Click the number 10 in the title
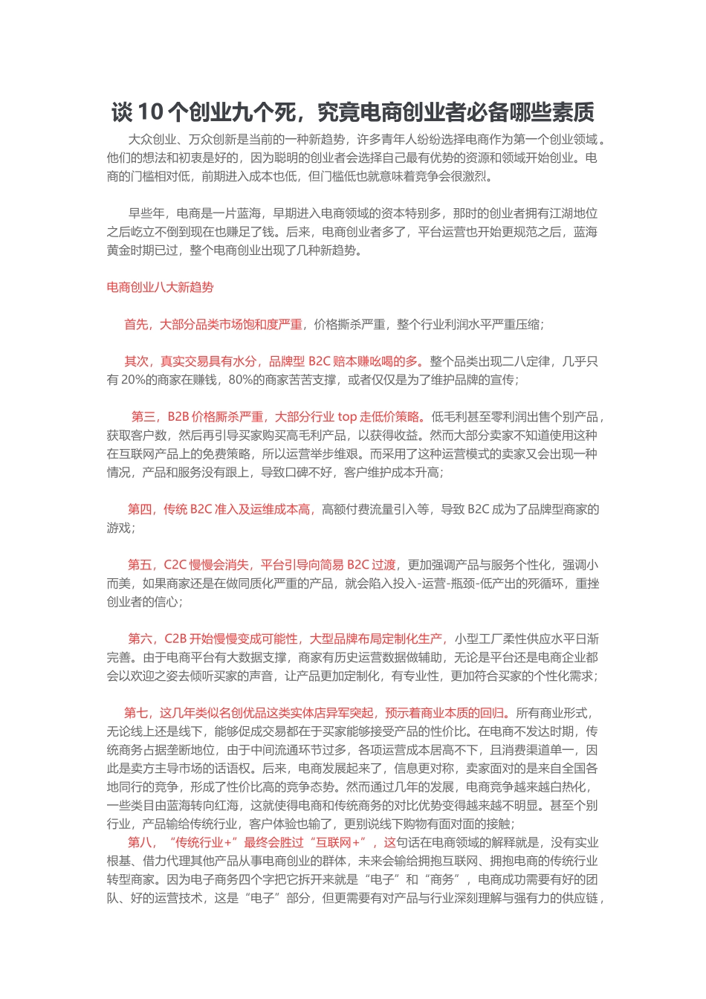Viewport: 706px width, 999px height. pyautogui.click(x=150, y=112)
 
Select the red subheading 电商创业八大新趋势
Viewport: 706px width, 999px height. pyautogui.click(x=160, y=288)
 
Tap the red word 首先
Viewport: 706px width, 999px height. pyautogui.click(x=136, y=324)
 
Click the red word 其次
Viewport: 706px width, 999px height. pyautogui.click(x=136, y=361)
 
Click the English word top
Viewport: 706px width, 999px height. pyautogui.click(x=347, y=417)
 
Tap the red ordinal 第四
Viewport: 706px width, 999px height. pyautogui.click(x=140, y=509)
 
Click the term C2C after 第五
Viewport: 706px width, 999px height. pyautogui.click(x=175, y=565)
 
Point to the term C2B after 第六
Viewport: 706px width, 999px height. pyautogui.click(x=176, y=638)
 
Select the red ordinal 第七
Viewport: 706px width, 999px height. pyautogui.click(x=136, y=713)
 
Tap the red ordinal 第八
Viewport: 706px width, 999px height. pyautogui.click(x=140, y=842)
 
